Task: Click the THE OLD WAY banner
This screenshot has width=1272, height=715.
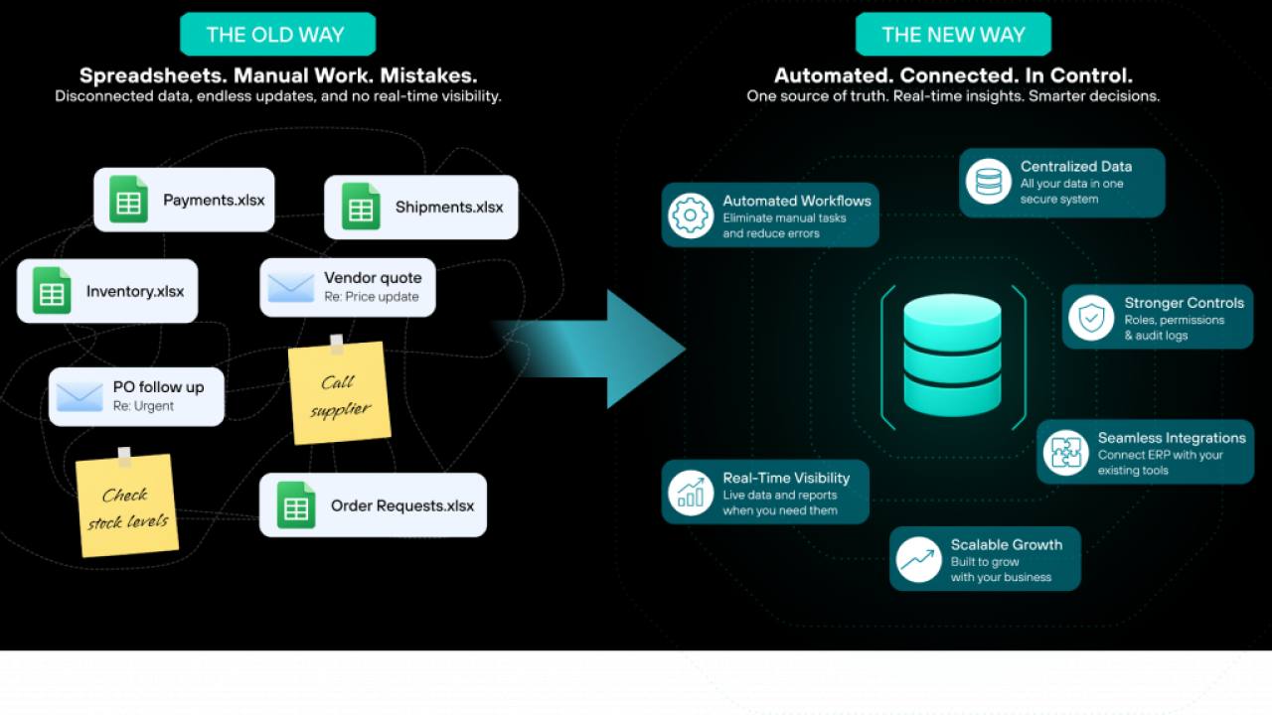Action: (x=277, y=34)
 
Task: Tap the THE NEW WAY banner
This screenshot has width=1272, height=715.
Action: (x=953, y=34)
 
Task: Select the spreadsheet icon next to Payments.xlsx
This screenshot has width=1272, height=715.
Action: (x=128, y=200)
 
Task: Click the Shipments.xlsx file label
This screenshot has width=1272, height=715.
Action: (x=449, y=208)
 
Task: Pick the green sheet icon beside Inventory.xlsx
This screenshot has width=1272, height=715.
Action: (x=52, y=291)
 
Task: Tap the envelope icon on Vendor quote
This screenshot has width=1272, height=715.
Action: (x=291, y=288)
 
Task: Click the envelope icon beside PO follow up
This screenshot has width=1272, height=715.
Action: (x=79, y=396)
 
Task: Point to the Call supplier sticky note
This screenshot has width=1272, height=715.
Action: (x=340, y=391)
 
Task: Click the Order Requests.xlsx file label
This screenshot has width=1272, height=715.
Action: (x=402, y=505)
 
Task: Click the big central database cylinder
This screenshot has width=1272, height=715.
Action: (x=952, y=356)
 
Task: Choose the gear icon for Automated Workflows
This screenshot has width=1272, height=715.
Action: (x=691, y=215)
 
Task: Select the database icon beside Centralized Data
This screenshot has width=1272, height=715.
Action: (x=988, y=182)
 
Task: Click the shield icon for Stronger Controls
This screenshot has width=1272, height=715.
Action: (x=1091, y=318)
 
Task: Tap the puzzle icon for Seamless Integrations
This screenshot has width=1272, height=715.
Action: (x=1065, y=453)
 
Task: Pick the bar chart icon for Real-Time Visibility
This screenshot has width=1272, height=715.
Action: (x=691, y=493)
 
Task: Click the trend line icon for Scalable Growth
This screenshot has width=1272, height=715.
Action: (x=918, y=559)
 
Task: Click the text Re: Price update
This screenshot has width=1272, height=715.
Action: (x=372, y=297)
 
